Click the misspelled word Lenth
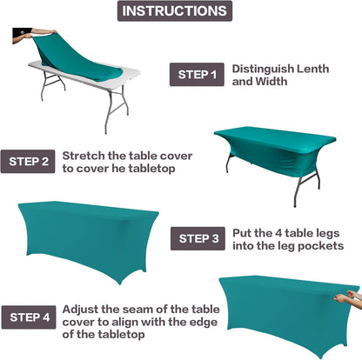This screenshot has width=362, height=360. (x=323, y=69)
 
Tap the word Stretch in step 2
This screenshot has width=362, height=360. (x=83, y=154)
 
